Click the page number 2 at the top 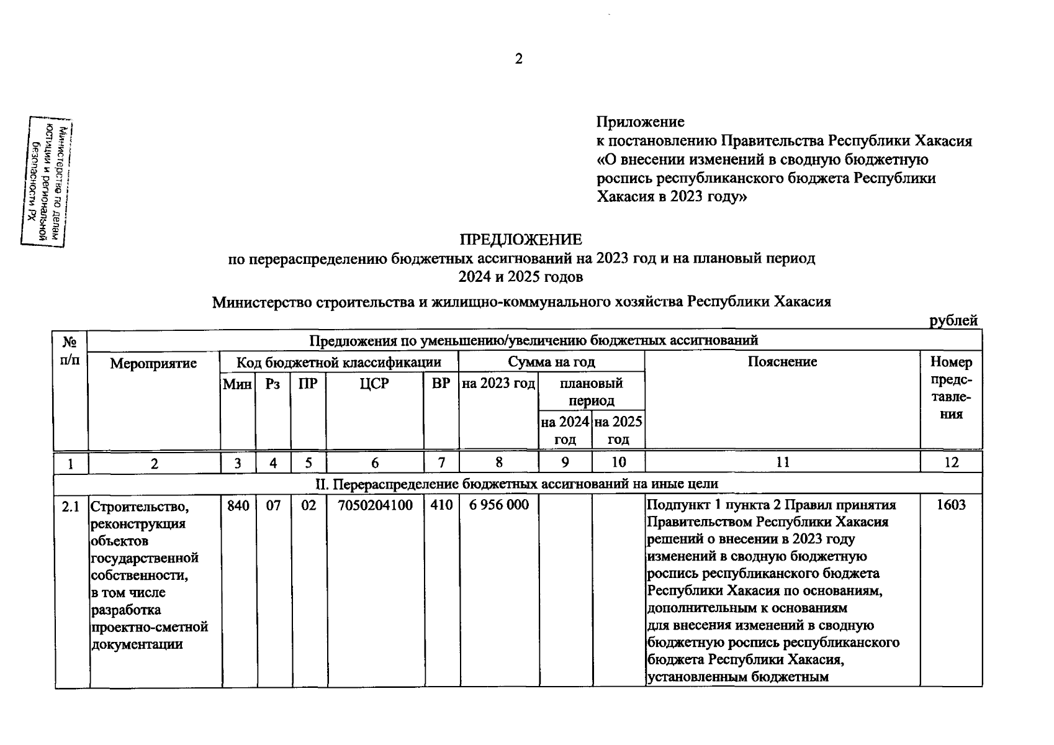click(x=519, y=59)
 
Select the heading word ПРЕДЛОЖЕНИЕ click(x=521, y=240)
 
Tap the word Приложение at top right click(x=641, y=122)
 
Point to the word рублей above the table click(x=953, y=320)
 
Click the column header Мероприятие click(x=153, y=363)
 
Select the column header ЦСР click(x=374, y=384)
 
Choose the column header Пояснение click(x=782, y=362)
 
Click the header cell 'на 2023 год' click(x=498, y=384)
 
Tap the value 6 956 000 click(x=499, y=505)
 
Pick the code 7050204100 click(x=375, y=505)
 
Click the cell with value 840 click(x=238, y=505)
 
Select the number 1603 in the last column click(x=950, y=505)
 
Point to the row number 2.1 click(x=71, y=507)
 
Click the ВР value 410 click(x=441, y=505)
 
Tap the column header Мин click(x=237, y=384)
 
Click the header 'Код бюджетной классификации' click(x=339, y=362)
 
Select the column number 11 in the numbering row click(x=782, y=463)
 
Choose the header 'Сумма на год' click(x=551, y=362)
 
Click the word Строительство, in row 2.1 click(x=139, y=507)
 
